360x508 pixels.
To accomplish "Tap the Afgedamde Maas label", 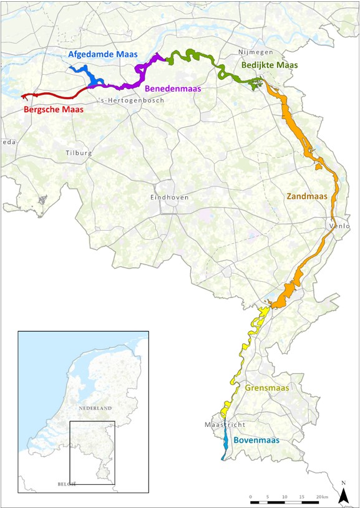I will pos(102,55).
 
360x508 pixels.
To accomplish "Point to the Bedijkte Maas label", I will pos(270,65).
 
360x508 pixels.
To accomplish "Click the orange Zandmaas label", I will pos(307,196).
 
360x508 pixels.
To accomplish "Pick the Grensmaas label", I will pos(267,388).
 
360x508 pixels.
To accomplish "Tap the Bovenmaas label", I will pos(256,440).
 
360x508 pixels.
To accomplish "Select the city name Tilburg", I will pos(79,153).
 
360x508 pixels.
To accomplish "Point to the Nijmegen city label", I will pos(256,52).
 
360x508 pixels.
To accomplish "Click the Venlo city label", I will pos(339,225).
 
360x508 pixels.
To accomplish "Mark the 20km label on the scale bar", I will pos(322,496).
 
